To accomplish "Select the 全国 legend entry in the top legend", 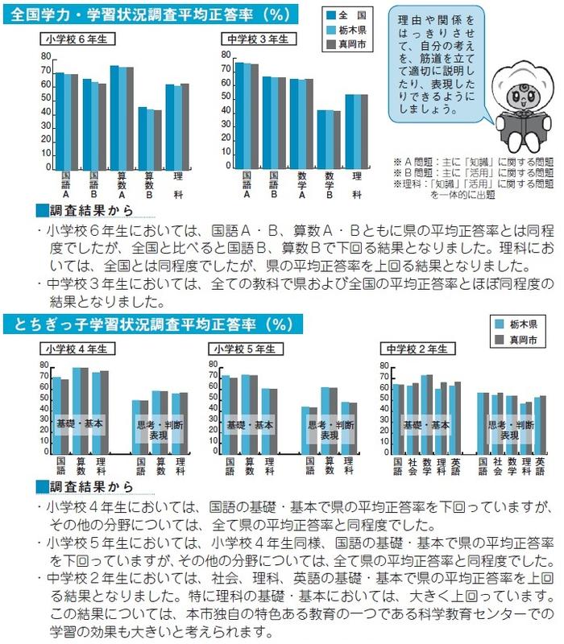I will tap(352, 16).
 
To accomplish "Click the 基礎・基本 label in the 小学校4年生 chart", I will tap(80, 423).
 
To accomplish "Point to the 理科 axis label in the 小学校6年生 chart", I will tap(177, 184).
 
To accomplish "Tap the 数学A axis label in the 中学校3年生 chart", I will tap(301, 184).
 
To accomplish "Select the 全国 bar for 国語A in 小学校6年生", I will tap(59, 122).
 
